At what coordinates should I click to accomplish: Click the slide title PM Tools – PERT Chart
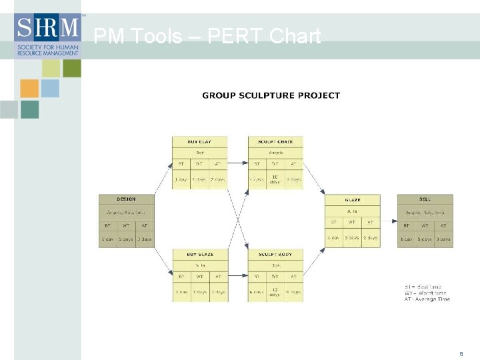207,36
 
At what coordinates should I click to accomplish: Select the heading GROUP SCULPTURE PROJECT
271,95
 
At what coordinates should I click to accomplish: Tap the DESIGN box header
126,199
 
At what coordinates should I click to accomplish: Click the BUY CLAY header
200,141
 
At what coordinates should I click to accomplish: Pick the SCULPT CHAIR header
275,141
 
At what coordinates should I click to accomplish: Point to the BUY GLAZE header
200,255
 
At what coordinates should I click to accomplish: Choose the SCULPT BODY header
275,255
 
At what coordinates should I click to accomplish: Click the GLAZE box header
353,199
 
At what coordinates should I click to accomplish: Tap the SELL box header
425,199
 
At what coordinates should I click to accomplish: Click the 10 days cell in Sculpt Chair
275,179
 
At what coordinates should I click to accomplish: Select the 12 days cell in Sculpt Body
275,292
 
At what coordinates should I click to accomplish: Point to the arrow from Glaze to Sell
389,221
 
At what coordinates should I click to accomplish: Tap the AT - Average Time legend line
427,299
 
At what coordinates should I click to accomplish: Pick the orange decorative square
29,89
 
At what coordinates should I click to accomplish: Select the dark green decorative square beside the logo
72,68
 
